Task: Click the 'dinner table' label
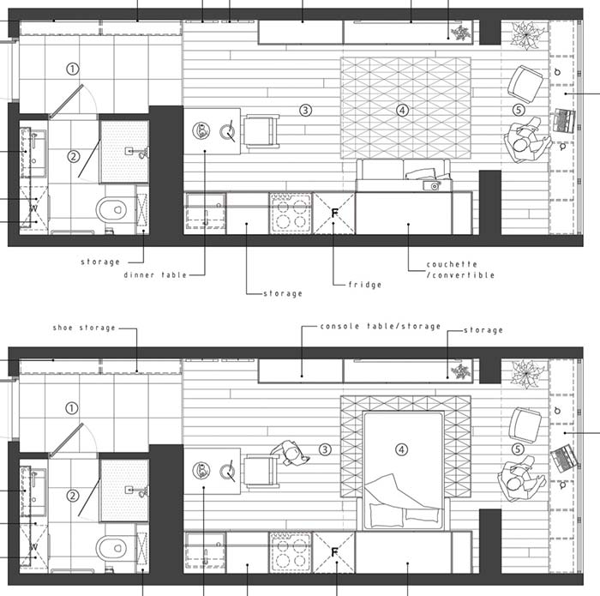pyautogui.click(x=155, y=274)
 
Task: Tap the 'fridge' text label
pyautogui.click(x=365, y=285)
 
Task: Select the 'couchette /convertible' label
pyautogui.click(x=460, y=269)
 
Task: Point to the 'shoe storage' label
pyautogui.click(x=84, y=328)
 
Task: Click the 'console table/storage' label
pyautogui.click(x=381, y=327)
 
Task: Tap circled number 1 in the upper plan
pyautogui.click(x=73, y=69)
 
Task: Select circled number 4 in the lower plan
pyautogui.click(x=401, y=449)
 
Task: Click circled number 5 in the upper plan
pyautogui.click(x=519, y=111)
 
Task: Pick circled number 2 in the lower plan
pyautogui.click(x=72, y=496)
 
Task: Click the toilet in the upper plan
pyautogui.click(x=111, y=209)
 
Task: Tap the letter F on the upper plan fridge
pyautogui.click(x=335, y=214)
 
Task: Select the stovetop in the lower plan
pyautogui.click(x=291, y=551)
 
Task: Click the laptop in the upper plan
pyautogui.click(x=565, y=121)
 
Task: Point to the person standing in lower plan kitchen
pyautogui.click(x=290, y=453)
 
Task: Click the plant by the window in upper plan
pyautogui.click(x=527, y=35)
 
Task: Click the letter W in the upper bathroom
pyautogui.click(x=33, y=208)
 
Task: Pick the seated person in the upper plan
pyautogui.click(x=527, y=141)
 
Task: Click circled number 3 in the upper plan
pyautogui.click(x=305, y=111)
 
